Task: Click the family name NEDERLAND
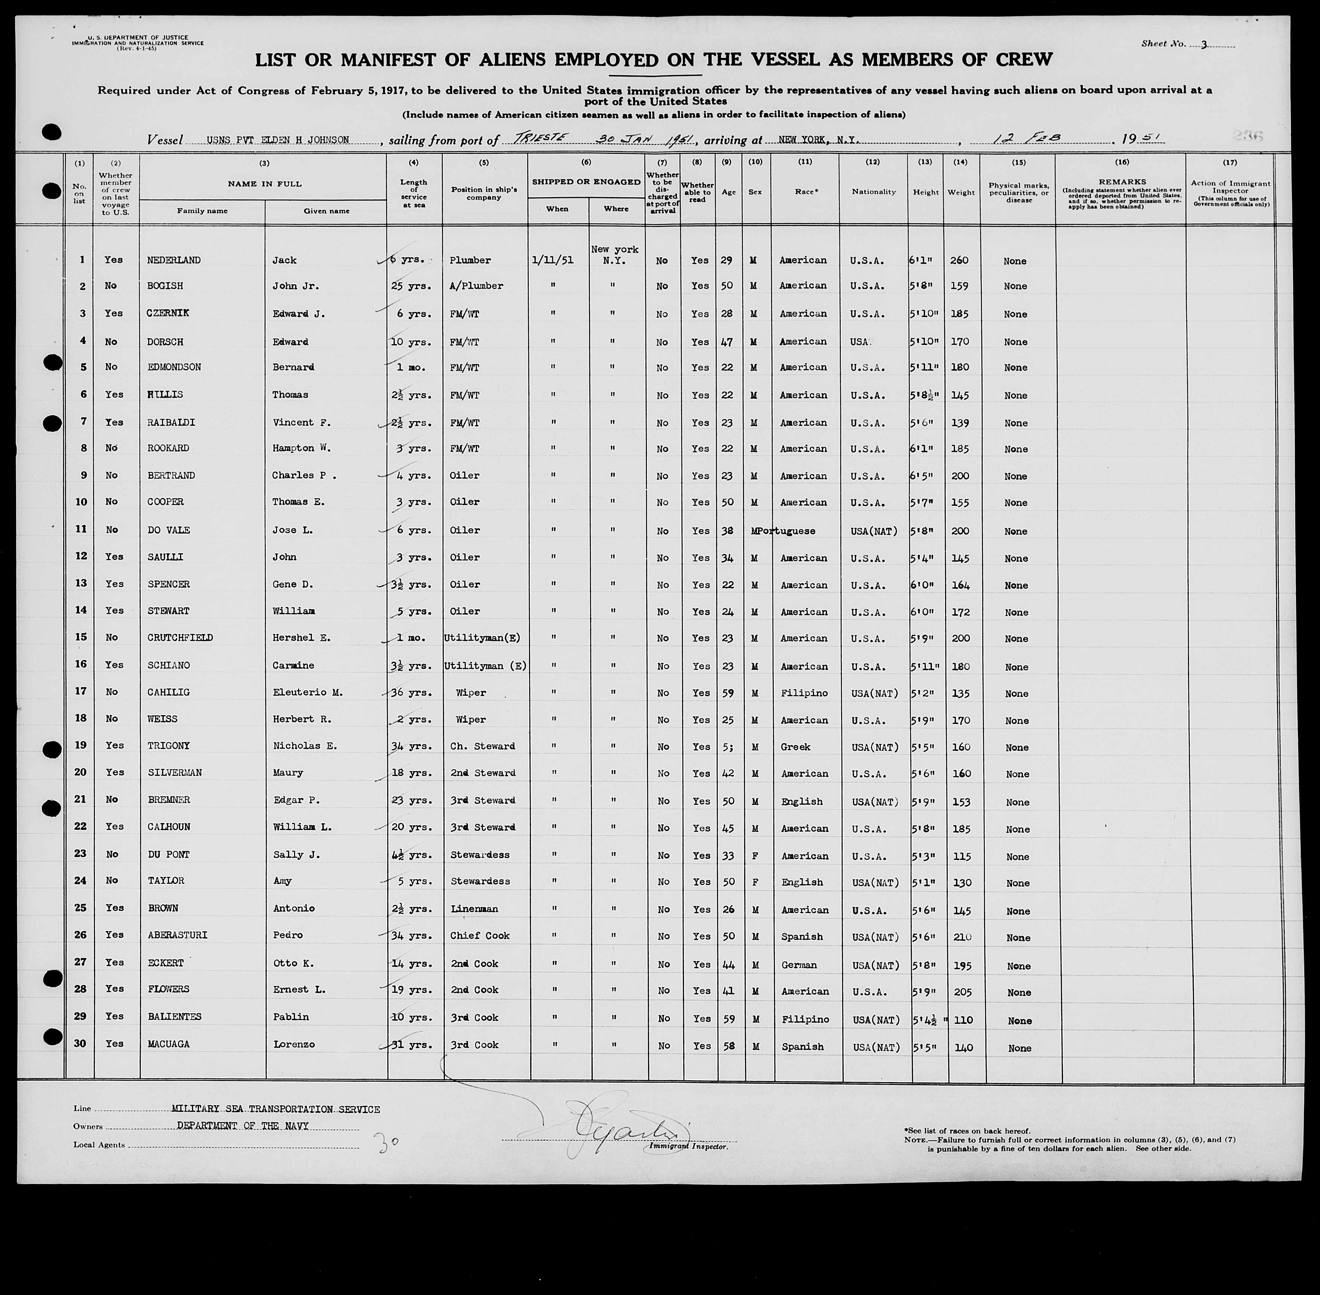click(174, 260)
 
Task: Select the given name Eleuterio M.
click(308, 692)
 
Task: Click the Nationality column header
click(874, 192)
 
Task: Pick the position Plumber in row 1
click(470, 260)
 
